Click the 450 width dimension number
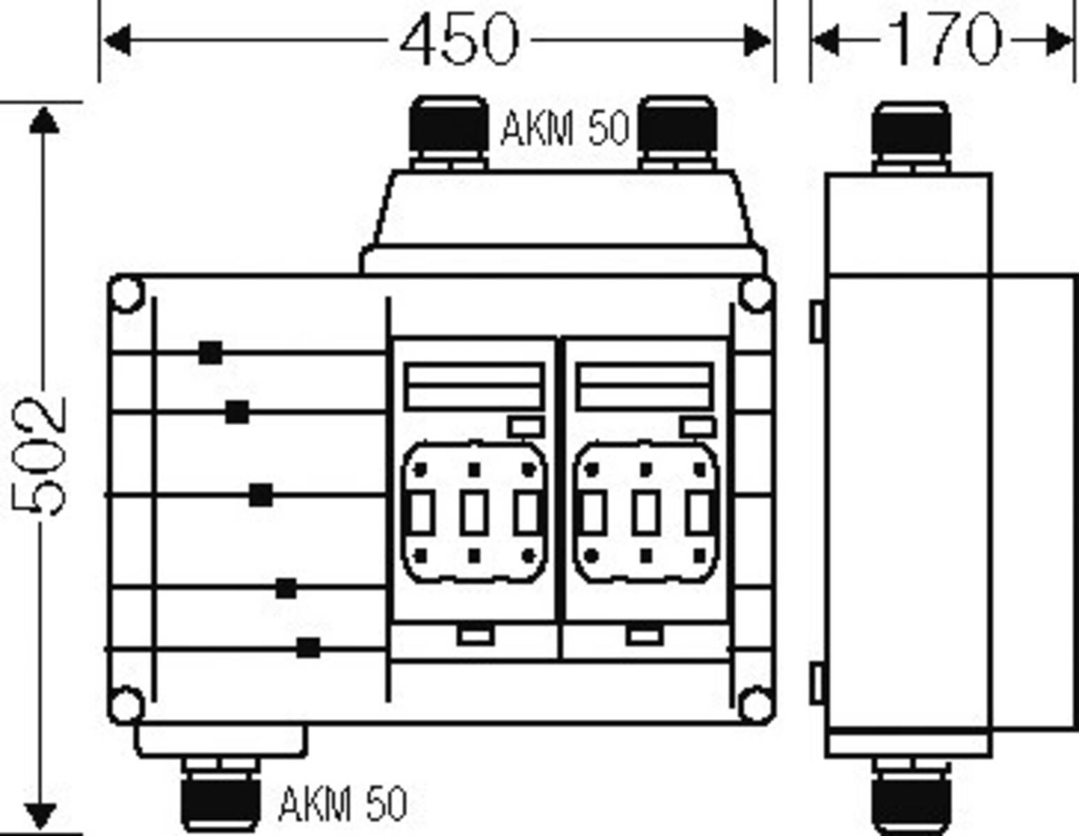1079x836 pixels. point(459,40)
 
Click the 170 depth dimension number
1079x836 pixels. point(945,40)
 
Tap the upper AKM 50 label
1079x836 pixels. point(565,129)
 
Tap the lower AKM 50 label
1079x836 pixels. point(342,804)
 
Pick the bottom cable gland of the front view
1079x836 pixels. point(220,801)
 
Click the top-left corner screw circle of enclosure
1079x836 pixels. point(127,294)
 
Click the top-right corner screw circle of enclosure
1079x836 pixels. point(756,294)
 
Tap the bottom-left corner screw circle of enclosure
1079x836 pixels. point(127,704)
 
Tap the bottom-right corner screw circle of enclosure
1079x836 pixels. point(756,704)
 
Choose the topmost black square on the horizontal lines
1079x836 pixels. point(210,353)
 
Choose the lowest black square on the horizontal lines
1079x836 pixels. point(308,647)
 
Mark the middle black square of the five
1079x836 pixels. point(261,495)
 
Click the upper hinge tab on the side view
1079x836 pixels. point(816,320)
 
